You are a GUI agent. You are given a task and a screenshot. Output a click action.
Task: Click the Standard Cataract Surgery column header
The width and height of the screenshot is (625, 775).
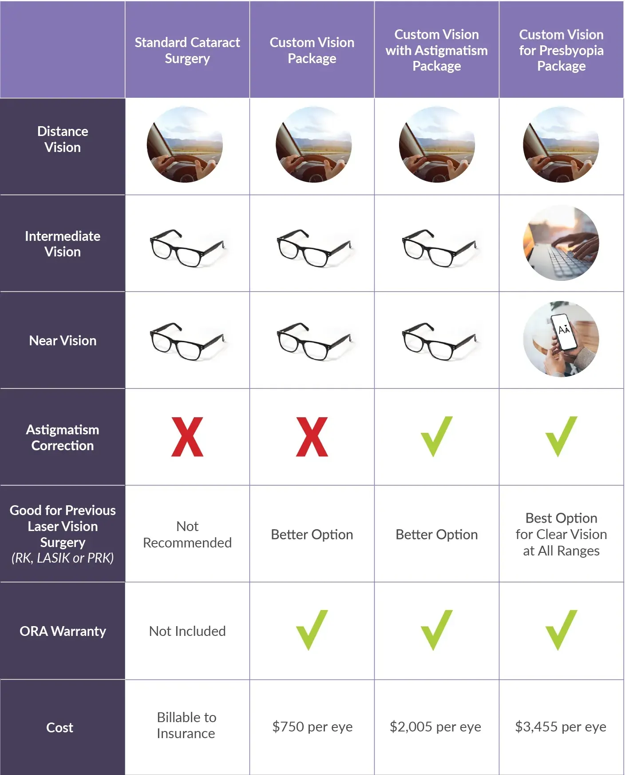187,50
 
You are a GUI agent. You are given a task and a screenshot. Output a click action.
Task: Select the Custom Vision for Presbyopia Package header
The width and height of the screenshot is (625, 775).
561,50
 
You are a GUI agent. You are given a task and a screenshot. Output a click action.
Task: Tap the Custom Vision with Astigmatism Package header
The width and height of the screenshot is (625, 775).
436,50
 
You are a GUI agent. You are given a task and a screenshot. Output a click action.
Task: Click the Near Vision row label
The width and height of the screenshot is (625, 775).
63,340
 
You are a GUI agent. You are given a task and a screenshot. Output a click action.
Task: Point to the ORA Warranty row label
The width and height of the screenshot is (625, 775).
63,631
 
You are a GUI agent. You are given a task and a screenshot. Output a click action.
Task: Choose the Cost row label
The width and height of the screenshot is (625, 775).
59,727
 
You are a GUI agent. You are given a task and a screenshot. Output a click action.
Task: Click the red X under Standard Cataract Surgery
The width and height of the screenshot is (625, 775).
187,437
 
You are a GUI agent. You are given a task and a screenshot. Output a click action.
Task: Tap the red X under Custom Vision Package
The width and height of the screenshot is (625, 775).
312,437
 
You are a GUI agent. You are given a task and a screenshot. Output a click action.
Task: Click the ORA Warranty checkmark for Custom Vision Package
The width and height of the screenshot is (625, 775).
312,630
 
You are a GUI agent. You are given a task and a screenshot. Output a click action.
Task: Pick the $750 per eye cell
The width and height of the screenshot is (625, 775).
312,727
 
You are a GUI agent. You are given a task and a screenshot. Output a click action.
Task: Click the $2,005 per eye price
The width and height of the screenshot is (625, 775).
435,727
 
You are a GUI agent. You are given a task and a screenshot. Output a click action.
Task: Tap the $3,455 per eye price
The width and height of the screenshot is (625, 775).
561,727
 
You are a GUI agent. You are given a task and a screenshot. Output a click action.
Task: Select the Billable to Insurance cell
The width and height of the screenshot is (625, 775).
186,725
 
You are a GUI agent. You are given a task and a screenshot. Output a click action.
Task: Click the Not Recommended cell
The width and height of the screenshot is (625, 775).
187,534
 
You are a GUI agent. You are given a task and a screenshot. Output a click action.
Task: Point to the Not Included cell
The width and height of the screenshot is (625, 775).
187,631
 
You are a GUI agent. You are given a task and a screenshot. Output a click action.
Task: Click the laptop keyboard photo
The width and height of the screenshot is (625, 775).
561,243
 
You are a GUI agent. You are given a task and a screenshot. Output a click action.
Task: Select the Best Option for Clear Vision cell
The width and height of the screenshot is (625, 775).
561,534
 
